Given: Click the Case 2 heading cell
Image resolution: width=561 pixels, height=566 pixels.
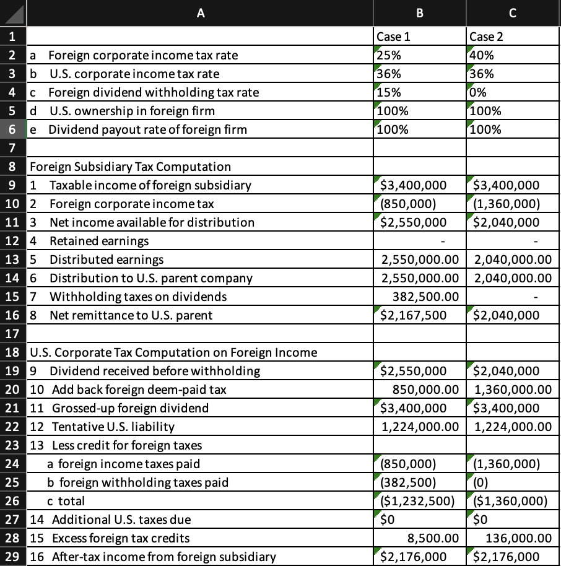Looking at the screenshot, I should [x=513, y=36].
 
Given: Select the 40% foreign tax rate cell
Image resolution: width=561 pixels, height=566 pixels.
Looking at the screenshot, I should [x=513, y=54].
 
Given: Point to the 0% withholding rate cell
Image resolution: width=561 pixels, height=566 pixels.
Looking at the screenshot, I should [x=513, y=92].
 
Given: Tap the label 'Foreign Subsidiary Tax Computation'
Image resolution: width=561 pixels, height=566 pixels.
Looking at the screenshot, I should [x=131, y=167].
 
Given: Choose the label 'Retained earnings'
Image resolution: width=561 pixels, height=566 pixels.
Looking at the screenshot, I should [x=99, y=241].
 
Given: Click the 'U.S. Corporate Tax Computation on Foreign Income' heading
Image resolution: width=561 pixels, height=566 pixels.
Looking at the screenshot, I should [x=173, y=352].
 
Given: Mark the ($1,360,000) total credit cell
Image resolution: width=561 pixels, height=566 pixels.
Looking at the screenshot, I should [x=513, y=500].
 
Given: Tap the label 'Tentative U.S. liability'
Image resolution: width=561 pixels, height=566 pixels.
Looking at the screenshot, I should [x=113, y=427].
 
